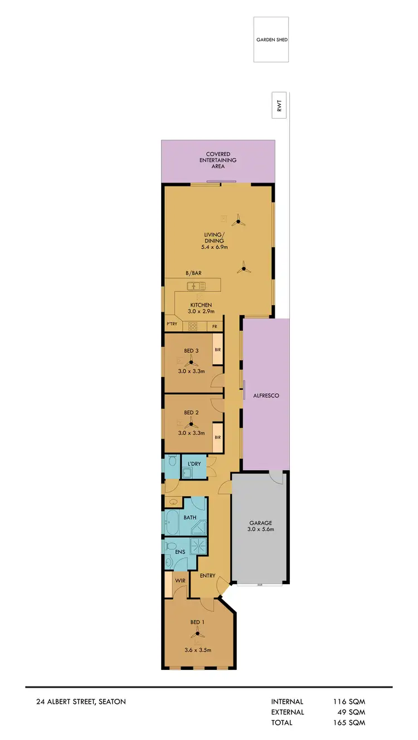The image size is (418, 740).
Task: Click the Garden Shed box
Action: point(271,40)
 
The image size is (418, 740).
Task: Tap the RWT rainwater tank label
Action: point(280,105)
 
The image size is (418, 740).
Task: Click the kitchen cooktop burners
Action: point(193,326)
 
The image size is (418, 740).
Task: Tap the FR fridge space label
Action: point(215,326)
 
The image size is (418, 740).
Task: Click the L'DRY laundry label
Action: point(194,464)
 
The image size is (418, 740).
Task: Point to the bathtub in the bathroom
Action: point(172,523)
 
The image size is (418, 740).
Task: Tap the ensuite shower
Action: point(199,546)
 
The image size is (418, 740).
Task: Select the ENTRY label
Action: point(207,576)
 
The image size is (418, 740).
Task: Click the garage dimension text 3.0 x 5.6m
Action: point(260,530)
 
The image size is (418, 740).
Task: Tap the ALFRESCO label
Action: point(265,395)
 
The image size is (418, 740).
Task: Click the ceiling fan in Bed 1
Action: point(197,633)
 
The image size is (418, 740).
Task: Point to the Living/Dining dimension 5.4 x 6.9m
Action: point(214,247)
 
